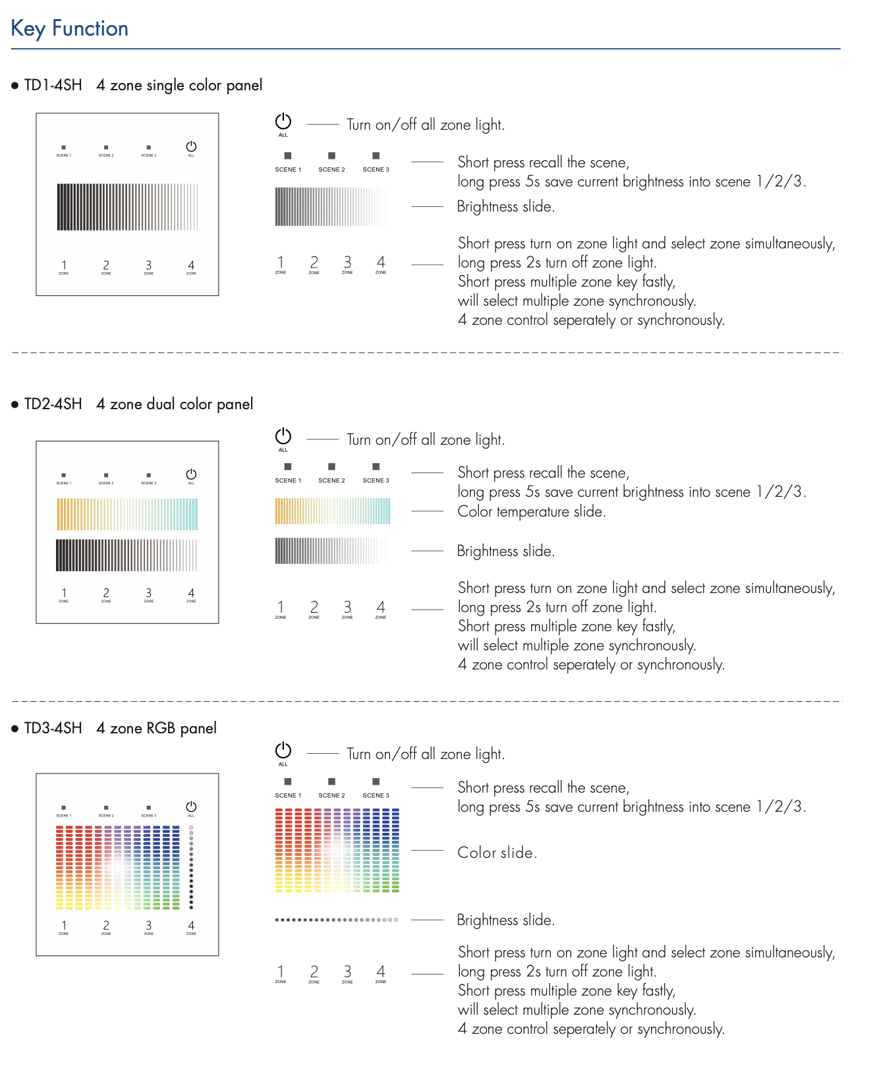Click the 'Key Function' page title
pyautogui.click(x=69, y=28)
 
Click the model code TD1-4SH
pyautogui.click(x=53, y=85)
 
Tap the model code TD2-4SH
pyautogui.click(x=53, y=404)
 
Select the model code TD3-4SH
pyautogui.click(x=53, y=728)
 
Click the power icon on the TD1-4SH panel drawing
pyautogui.click(x=191, y=146)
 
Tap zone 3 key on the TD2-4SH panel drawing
pyautogui.click(x=149, y=594)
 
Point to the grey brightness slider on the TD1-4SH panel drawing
pyautogui.click(x=127, y=207)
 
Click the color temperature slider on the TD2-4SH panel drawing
pyautogui.click(x=127, y=514)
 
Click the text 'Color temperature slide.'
pyautogui.click(x=531, y=512)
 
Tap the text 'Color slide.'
pyautogui.click(x=497, y=853)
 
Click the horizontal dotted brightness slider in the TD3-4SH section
pyautogui.click(x=336, y=920)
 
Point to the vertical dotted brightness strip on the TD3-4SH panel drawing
pyautogui.click(x=191, y=867)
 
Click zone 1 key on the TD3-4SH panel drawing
pyautogui.click(x=64, y=926)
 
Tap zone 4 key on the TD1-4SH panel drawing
pyautogui.click(x=191, y=266)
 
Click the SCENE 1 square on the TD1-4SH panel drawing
pyautogui.click(x=64, y=148)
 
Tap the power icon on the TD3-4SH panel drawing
pyautogui.click(x=191, y=807)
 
